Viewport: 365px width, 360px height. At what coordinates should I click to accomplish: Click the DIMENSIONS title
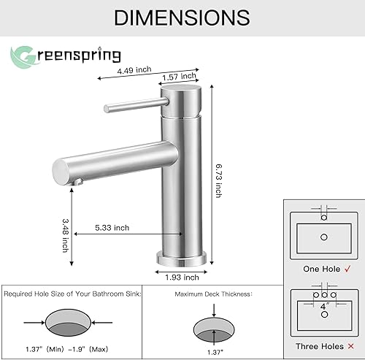(x=182, y=17)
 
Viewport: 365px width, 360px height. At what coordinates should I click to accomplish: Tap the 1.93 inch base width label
(x=181, y=277)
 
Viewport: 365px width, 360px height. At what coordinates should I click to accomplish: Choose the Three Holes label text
(x=318, y=346)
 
